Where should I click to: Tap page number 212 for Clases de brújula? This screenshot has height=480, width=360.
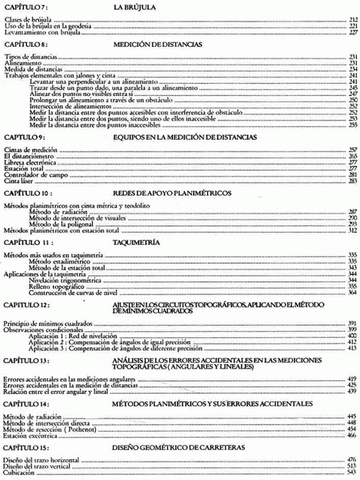click(353, 20)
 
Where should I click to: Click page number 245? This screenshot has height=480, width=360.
click(353, 88)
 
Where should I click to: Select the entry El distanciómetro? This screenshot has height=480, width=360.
click(23, 156)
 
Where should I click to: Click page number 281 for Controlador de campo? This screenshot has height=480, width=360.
click(353, 175)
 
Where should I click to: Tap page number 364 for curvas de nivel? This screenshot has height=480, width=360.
click(353, 293)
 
